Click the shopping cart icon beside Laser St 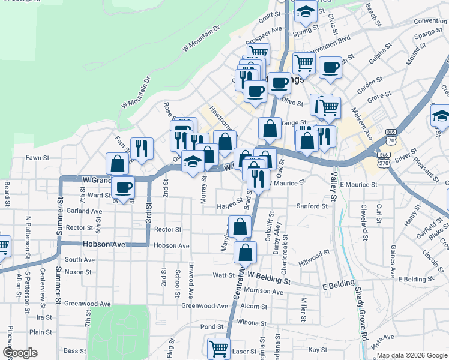point(218,347)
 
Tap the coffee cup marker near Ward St point(124,187)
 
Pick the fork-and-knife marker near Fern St point(142,148)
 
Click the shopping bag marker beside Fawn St point(117,163)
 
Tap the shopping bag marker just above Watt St point(245,252)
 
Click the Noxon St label point(78,272)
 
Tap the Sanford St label point(312,206)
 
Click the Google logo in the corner point(20,353)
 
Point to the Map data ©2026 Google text point(411,355)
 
